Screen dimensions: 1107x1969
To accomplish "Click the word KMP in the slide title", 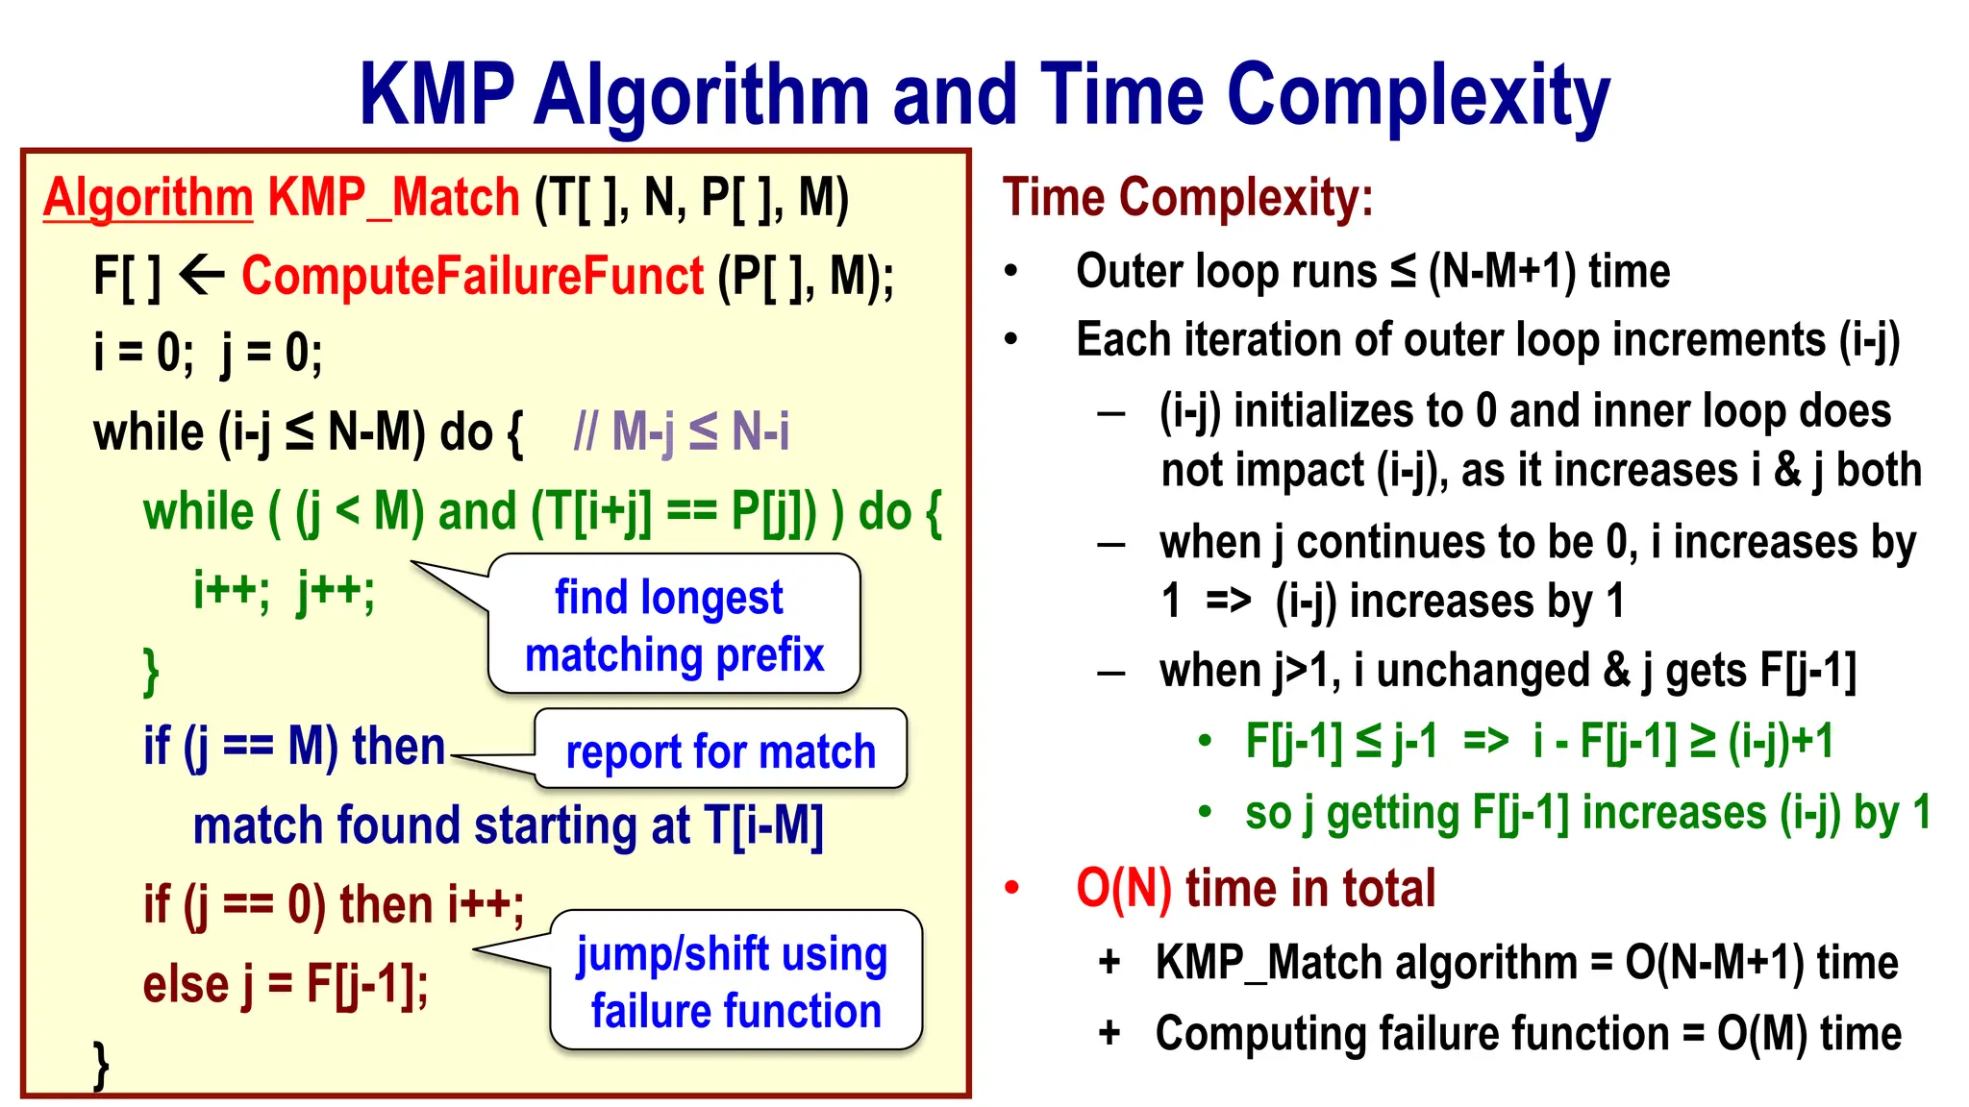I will tap(437, 95).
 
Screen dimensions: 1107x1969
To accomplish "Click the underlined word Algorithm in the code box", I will tap(148, 198).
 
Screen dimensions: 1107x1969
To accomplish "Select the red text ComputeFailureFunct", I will tap(472, 277).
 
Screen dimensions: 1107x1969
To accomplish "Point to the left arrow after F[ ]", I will tap(202, 277).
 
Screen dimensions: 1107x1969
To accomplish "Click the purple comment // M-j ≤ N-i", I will tap(681, 431).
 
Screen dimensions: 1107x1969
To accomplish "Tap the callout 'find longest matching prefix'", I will tap(673, 625).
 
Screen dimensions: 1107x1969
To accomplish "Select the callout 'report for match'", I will tap(720, 750).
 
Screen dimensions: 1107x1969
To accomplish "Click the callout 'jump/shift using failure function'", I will tap(735, 981).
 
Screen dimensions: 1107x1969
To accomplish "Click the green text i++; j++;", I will tap(284, 589).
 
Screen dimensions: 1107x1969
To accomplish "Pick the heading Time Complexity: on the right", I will tap(1187, 198).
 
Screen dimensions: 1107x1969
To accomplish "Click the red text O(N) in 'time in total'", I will tap(1123, 888).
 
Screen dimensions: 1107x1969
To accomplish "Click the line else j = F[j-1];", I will tap(286, 984).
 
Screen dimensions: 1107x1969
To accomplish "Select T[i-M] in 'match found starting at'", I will tap(763, 825).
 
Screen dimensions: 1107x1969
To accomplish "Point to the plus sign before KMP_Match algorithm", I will tap(1109, 962).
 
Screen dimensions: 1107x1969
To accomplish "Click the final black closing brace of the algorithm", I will tap(101, 1065).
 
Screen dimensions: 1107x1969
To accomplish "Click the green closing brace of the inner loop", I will tap(151, 671).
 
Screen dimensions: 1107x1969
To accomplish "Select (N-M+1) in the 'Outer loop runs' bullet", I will tap(1502, 272).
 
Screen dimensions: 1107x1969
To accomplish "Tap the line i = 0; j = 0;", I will tap(208, 354).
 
